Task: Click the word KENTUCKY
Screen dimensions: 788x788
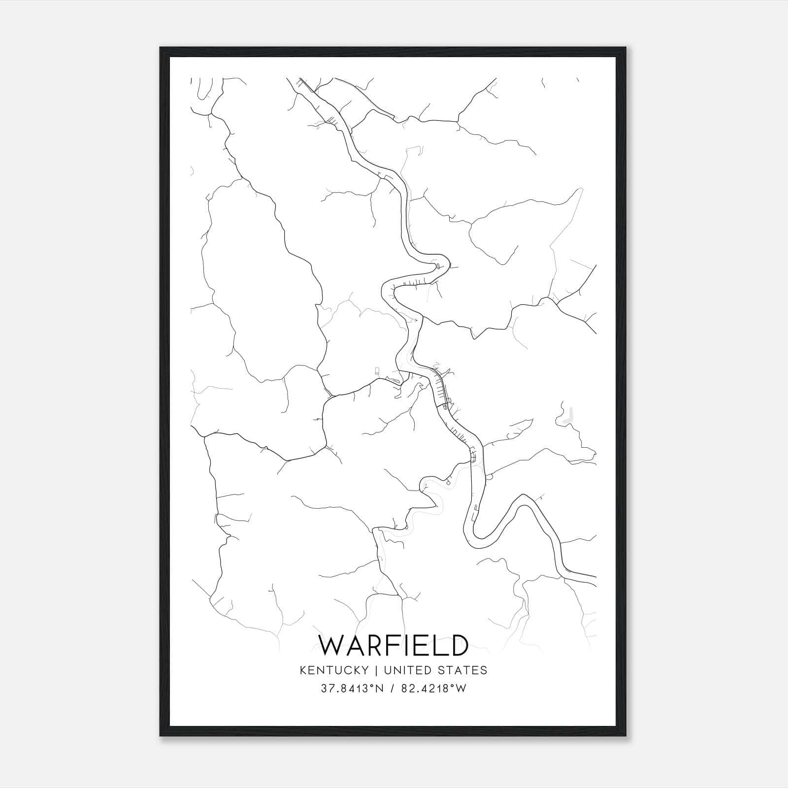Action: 333,670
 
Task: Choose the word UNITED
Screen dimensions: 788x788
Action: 406,670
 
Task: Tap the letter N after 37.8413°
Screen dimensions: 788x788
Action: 378,689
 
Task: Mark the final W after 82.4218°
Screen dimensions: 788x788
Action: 461,689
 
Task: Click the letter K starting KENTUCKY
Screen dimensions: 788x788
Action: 302,670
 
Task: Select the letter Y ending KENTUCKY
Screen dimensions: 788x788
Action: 365,670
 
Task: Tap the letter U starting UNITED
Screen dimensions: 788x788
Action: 387,670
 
